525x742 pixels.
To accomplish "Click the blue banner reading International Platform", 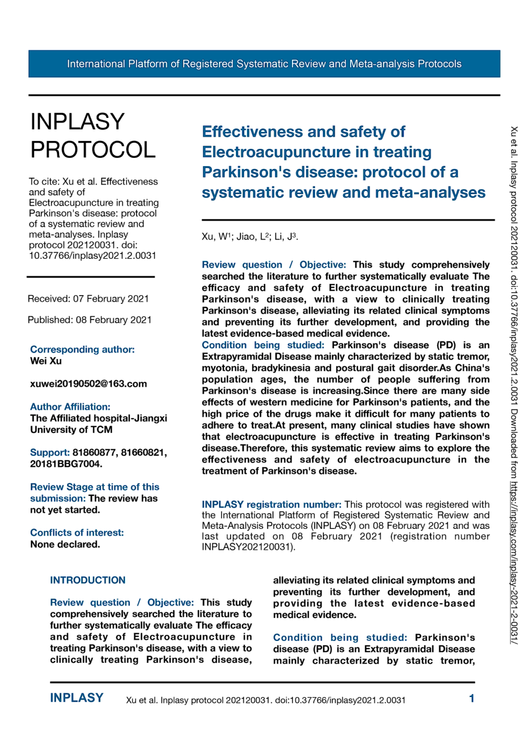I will (264, 64).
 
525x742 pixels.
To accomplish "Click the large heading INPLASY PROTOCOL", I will (93, 136).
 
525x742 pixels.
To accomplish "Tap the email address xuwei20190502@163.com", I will (88, 384).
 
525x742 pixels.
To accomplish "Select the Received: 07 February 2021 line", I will (88, 299).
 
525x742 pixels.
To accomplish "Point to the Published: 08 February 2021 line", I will (89, 320).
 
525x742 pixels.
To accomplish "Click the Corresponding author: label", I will (82, 350).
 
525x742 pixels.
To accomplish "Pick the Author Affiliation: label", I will (70, 407).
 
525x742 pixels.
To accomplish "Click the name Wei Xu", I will (46, 361).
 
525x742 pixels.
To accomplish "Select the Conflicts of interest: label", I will (77, 533).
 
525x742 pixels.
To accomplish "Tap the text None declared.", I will (65, 544).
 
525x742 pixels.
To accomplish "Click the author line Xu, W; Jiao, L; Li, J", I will (249, 237).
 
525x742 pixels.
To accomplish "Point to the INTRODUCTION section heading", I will (87, 581).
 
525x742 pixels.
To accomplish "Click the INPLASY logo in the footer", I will (77, 698).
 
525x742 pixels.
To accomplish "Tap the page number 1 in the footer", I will (471, 699).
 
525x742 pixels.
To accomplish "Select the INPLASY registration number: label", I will (271, 505).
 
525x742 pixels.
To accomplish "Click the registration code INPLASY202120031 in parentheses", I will (246, 547).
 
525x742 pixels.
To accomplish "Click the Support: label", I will (50, 453).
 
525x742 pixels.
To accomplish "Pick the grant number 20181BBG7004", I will (65, 464).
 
